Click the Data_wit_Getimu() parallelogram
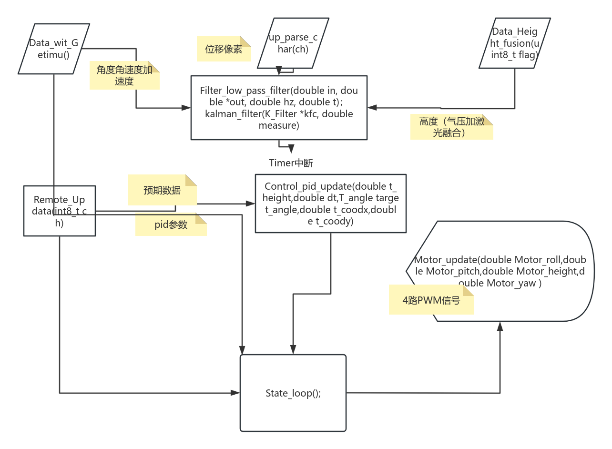53,49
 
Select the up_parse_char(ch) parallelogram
293,43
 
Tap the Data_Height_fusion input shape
515,43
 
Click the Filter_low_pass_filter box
279,108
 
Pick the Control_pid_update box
331,204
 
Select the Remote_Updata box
60,211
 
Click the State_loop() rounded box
293,393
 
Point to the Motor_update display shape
500,271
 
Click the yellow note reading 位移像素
224,49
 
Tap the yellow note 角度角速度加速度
124,75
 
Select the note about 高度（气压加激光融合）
451,127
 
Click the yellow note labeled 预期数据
162,190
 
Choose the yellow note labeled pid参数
171,225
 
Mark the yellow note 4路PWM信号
431,300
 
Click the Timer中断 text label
291,163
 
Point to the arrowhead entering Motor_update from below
500,326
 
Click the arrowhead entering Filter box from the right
372,108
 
